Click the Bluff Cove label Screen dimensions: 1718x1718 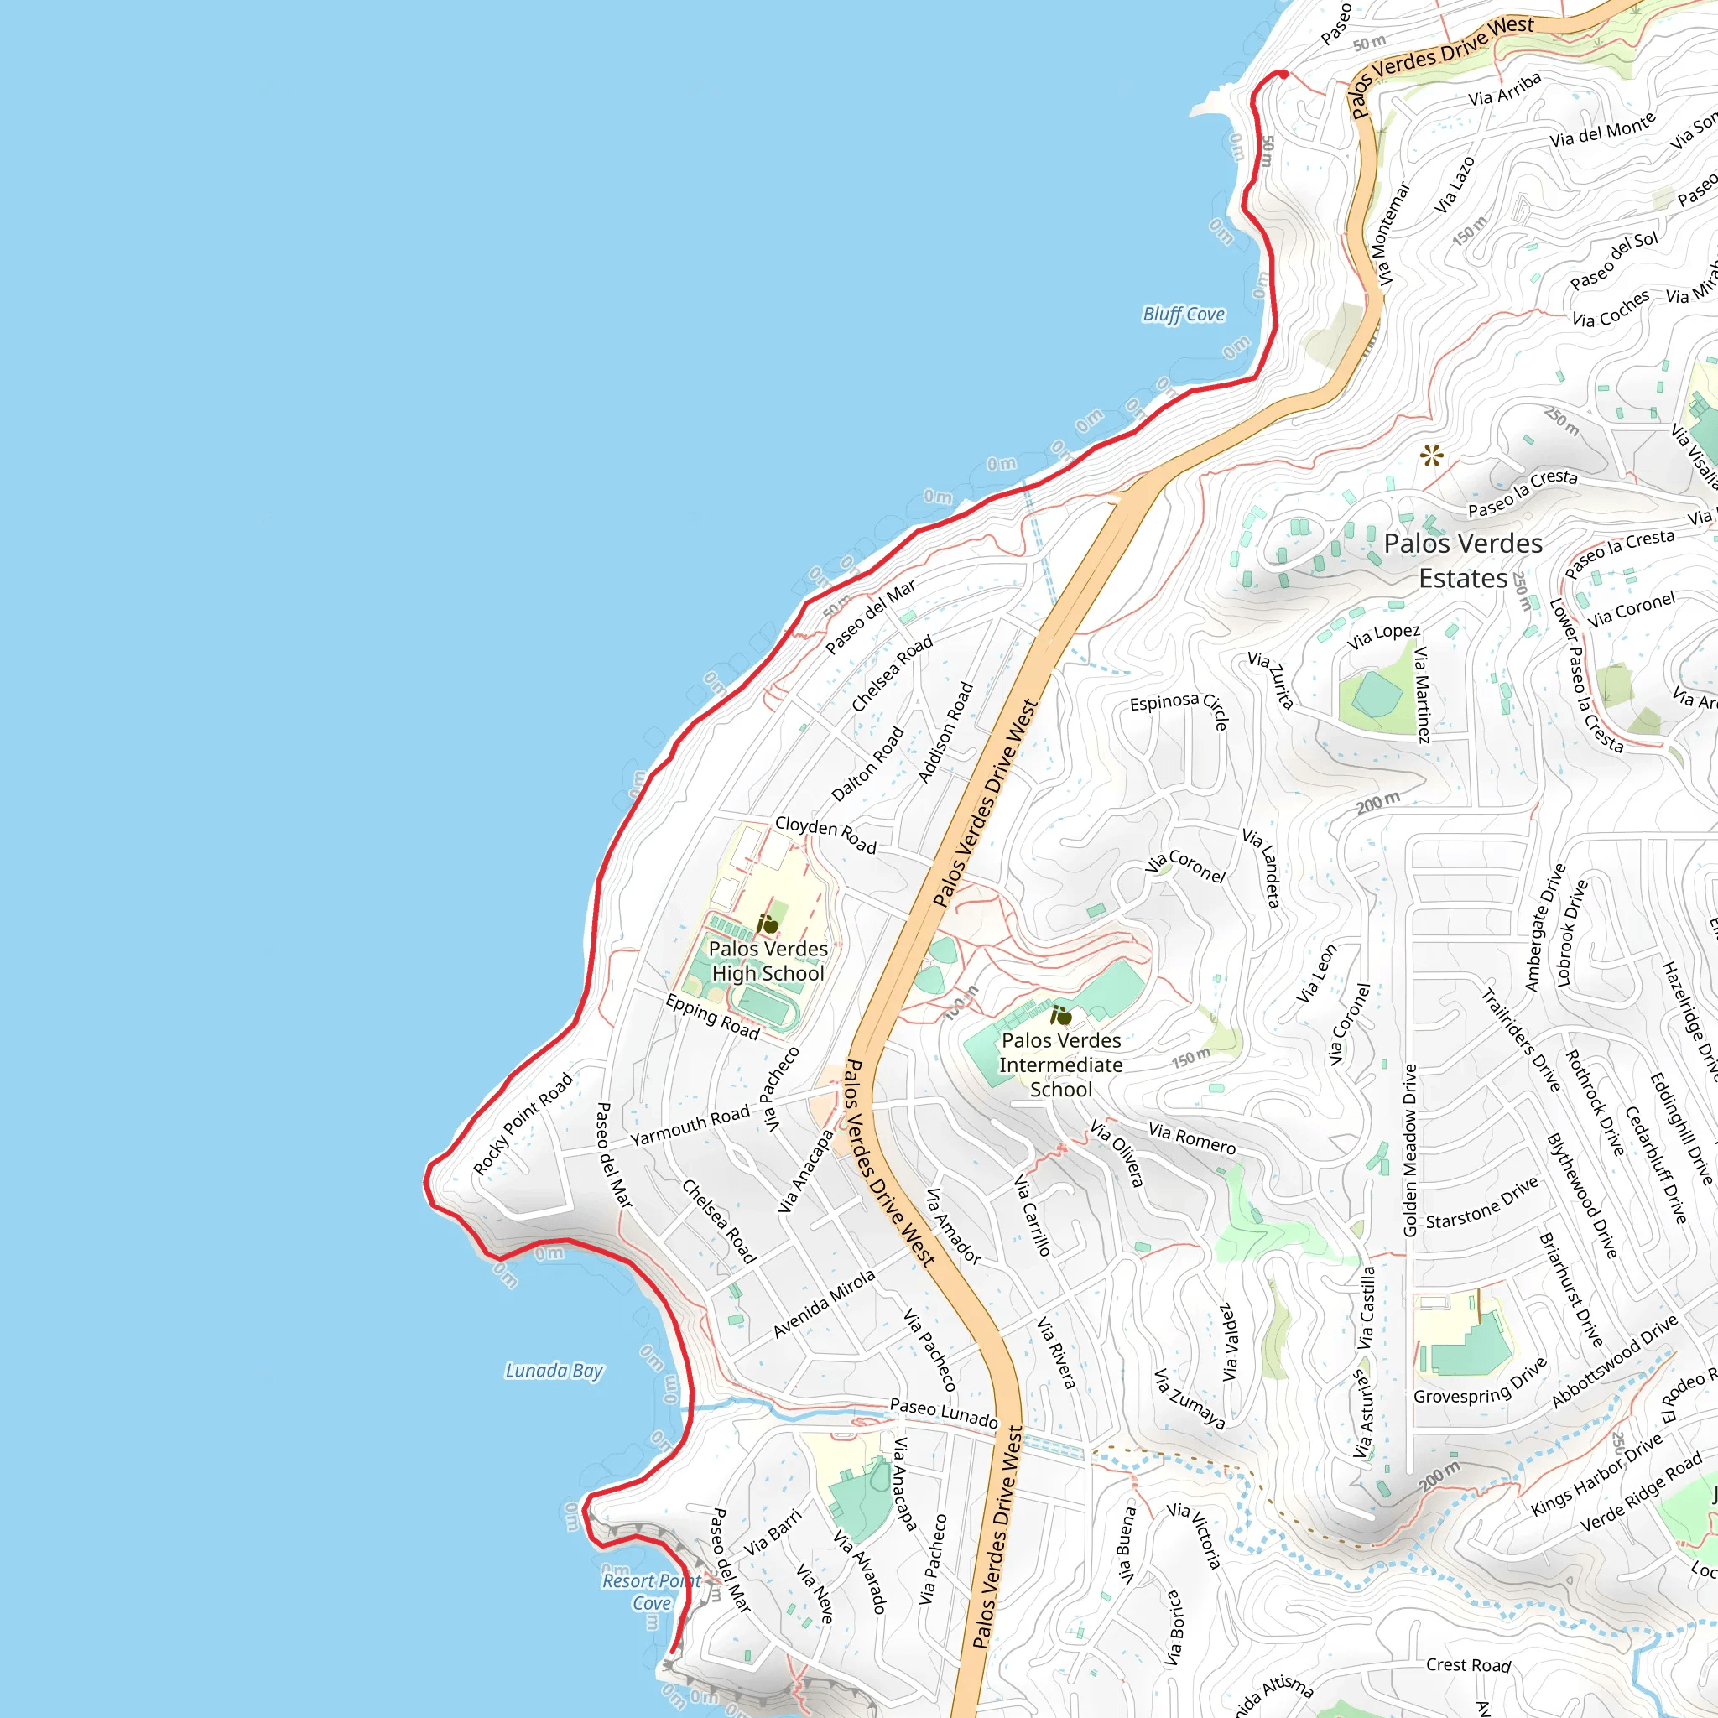[1183, 314]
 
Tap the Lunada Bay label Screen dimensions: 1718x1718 [554, 1371]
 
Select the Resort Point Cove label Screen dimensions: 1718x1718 [652, 1591]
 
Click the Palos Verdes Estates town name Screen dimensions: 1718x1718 [1463, 560]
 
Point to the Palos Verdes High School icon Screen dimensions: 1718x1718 [768, 924]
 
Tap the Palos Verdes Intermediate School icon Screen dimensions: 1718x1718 [1061, 1016]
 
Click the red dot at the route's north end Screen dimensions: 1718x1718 [1283, 75]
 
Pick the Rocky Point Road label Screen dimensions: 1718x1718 [523, 1124]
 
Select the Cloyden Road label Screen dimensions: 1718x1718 [825, 834]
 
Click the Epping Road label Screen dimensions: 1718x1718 [712, 1018]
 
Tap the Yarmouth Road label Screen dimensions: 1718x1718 [690, 1126]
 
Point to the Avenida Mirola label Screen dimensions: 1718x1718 [824, 1304]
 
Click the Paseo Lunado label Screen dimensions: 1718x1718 [944, 1413]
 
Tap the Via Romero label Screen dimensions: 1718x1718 [1191, 1138]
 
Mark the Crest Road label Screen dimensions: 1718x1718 [1468, 1664]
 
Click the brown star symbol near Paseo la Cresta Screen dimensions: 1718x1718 [1432, 456]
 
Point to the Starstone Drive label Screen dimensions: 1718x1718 [1481, 1204]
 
